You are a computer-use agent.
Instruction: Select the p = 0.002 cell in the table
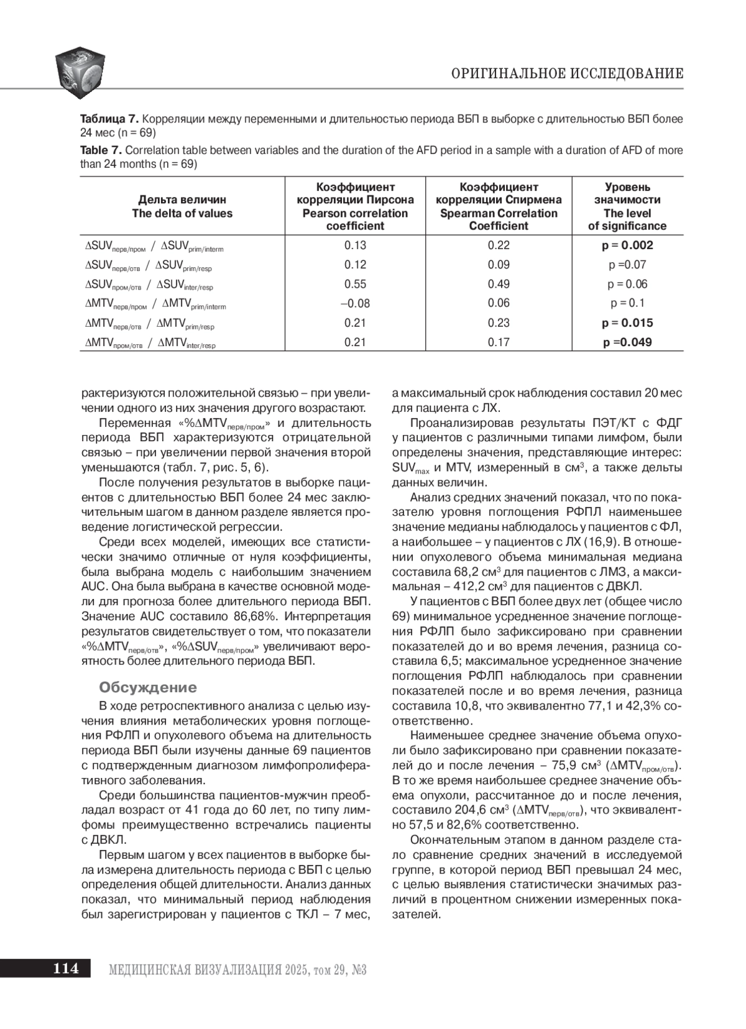[x=627, y=245]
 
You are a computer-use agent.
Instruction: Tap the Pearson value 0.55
[x=355, y=284]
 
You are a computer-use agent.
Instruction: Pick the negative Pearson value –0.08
[x=355, y=303]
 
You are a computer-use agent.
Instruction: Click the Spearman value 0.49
[x=499, y=284]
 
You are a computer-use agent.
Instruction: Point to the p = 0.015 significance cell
[x=627, y=322]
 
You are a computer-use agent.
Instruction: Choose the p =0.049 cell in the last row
[x=627, y=342]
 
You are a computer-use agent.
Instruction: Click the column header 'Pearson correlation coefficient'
[x=355, y=206]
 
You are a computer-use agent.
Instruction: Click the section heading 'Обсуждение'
[x=148, y=687]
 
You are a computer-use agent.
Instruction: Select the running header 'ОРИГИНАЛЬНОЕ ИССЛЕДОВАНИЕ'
[x=567, y=74]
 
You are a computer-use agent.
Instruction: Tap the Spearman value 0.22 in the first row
[x=499, y=245]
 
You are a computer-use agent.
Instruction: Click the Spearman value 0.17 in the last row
[x=499, y=342]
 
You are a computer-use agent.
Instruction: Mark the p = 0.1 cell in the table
[x=627, y=303]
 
